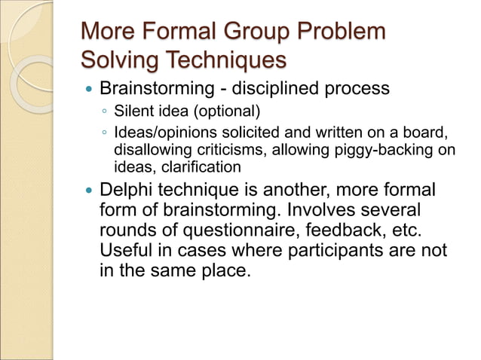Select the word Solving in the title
click(121, 59)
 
